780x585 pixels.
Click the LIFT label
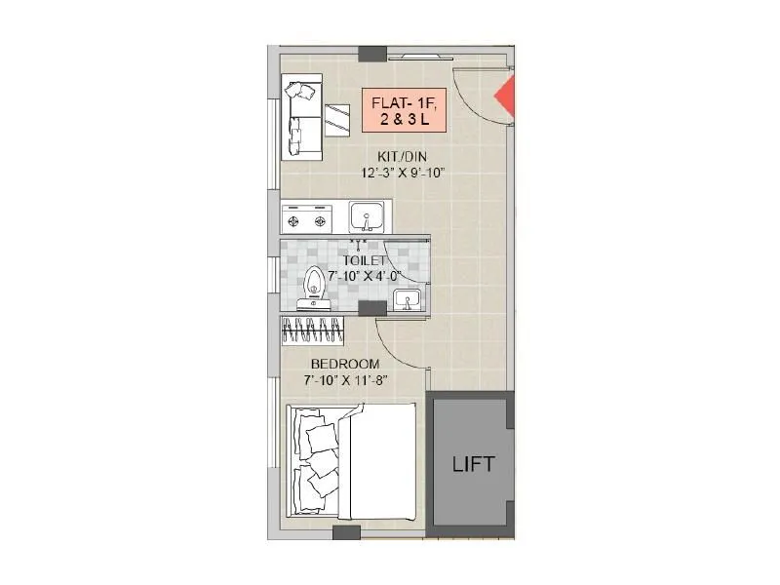473,464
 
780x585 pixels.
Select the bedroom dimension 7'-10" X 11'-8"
339,380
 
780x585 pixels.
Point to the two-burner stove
306,219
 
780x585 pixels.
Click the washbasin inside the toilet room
407,298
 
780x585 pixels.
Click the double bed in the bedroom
353,463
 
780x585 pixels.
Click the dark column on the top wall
371,54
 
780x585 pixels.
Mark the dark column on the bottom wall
346,532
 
